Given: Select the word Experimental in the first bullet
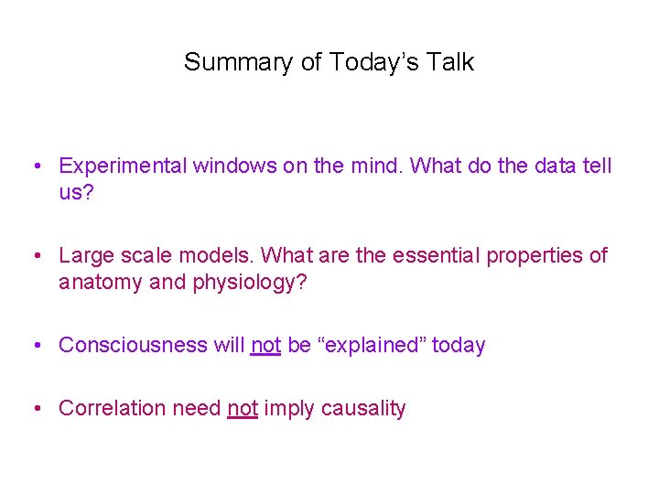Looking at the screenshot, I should [117, 166].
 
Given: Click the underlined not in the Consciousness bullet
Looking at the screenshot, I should [265, 346].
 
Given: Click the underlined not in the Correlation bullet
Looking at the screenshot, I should [243, 409].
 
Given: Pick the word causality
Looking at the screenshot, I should [362, 409].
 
